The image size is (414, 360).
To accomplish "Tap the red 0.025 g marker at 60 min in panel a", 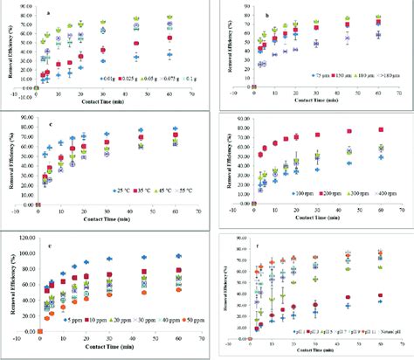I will tap(169, 39).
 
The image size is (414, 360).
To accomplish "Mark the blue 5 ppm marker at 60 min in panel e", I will tap(177, 256).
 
